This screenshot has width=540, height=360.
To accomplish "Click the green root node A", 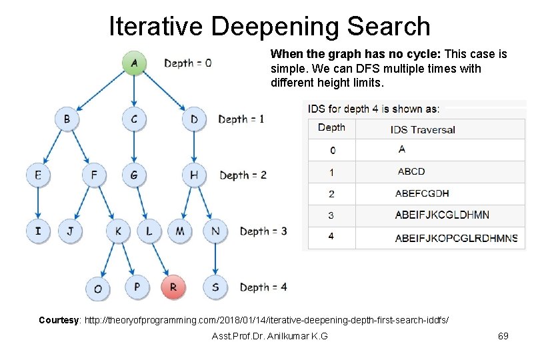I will tap(134, 63).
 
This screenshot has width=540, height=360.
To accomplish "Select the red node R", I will tap(173, 287).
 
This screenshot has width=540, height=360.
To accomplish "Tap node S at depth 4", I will tap(215, 287).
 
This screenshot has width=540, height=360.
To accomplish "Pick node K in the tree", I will tap(118, 231).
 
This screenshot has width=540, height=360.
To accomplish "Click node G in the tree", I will tap(134, 175).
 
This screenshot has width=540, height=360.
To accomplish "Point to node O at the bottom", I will tap(98, 288).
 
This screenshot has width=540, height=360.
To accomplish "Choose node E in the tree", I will tap(38, 175).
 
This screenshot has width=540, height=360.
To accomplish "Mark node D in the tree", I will tap(194, 119).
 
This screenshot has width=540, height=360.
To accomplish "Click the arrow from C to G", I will tap(134, 147).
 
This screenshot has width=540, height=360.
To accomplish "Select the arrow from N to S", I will tap(215, 259).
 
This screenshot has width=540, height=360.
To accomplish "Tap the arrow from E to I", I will tap(38, 203).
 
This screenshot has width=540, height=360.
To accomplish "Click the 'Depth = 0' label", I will tap(188, 63).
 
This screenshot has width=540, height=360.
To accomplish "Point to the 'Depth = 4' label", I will tap(263, 287).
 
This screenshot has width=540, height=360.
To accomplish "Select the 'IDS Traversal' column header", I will tap(423, 129).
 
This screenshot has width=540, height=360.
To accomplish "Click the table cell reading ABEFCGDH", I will tap(422, 193).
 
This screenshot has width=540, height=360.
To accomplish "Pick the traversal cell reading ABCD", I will tap(411, 171).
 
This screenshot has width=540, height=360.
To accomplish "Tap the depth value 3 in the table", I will tap(331, 215).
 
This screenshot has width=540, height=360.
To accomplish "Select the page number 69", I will tap(503, 336).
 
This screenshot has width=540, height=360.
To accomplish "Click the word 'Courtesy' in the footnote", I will tap(57, 320).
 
